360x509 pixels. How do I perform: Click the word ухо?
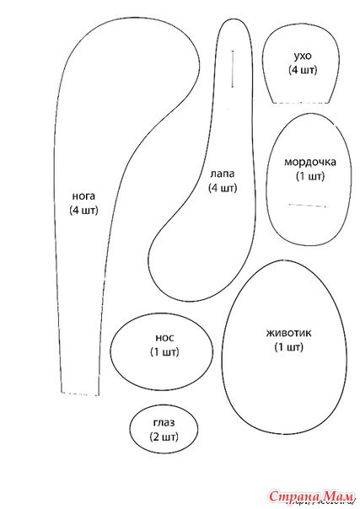[x=303, y=56]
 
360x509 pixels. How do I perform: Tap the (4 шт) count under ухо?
[x=303, y=70]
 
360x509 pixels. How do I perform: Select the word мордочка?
[x=310, y=163]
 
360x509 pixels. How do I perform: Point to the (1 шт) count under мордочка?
[x=310, y=176]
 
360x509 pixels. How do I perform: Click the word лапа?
[x=223, y=174]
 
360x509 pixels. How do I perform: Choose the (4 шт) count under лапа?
[x=223, y=188]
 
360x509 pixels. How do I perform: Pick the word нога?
[x=83, y=196]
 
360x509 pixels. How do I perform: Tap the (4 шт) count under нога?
[x=83, y=210]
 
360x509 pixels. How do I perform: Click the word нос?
[x=164, y=338]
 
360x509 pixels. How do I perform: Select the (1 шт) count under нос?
[x=164, y=352]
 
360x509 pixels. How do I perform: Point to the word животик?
[x=288, y=334]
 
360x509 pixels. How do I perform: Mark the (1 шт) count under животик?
[x=288, y=347]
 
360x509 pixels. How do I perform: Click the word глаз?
[x=164, y=423]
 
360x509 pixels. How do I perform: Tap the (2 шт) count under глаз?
[x=164, y=437]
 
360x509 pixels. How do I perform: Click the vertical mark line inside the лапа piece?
[x=233, y=69]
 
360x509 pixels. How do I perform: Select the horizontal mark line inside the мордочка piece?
[x=307, y=206]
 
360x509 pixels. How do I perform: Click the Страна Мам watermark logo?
[x=310, y=496]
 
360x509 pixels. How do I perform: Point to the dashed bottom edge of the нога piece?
[x=80, y=394]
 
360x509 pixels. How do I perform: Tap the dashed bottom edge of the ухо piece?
[x=301, y=103]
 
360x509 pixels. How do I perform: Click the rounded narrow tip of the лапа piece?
[x=234, y=20]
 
